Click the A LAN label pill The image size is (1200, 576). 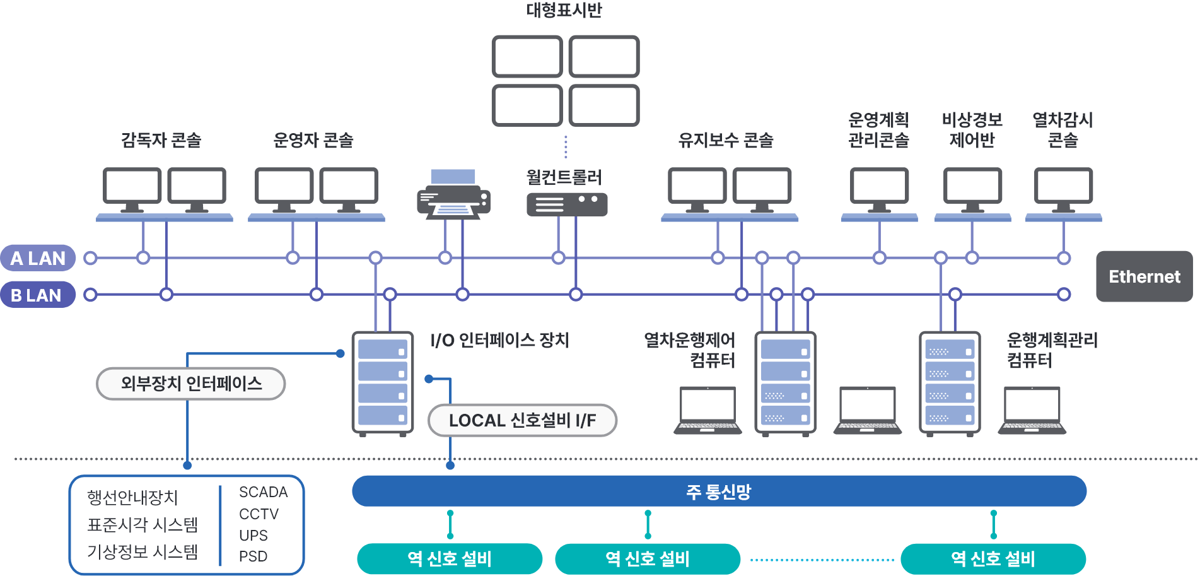click(x=38, y=258)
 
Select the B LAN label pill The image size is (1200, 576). click(x=37, y=295)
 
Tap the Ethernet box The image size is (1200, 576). click(x=1144, y=276)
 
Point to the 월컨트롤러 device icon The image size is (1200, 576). click(x=567, y=204)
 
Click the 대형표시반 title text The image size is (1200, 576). click(x=564, y=10)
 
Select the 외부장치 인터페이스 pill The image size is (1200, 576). click(x=191, y=384)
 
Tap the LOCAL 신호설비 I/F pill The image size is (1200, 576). click(x=522, y=420)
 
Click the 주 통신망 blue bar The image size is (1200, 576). click(x=719, y=491)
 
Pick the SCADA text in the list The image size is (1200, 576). click(x=263, y=492)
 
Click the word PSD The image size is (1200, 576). click(x=253, y=556)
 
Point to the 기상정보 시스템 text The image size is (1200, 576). click(x=143, y=552)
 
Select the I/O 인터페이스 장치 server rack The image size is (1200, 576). click(x=383, y=383)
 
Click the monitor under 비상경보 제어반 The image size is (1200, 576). click(x=972, y=187)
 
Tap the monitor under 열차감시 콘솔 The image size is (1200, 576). click(x=1063, y=187)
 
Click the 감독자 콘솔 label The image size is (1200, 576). click(x=161, y=140)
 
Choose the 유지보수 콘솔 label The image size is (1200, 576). click(x=726, y=140)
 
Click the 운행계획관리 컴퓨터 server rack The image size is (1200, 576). click(x=950, y=383)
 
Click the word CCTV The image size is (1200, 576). click(x=259, y=514)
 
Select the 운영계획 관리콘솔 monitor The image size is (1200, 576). click(x=879, y=187)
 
